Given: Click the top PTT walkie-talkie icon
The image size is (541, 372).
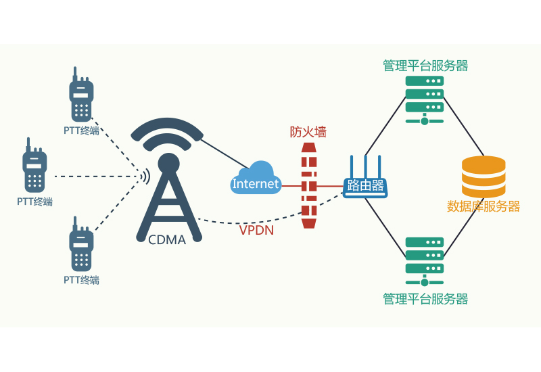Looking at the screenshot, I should (80, 97).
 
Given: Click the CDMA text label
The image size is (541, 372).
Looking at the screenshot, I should (167, 239).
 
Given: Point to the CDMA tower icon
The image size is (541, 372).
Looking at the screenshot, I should (168, 183).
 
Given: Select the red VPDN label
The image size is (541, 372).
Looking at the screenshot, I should (256, 230).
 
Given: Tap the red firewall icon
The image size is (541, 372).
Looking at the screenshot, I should (308, 186).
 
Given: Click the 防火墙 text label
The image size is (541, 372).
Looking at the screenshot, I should (308, 132).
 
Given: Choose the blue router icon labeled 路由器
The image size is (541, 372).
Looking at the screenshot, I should (365, 181).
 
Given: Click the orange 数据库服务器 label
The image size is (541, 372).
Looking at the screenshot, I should (484, 206).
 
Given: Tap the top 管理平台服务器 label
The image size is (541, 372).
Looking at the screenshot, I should (425, 66).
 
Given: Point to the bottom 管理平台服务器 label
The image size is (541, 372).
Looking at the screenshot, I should (425, 298).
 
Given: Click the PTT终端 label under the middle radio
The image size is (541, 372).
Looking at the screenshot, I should (34, 202).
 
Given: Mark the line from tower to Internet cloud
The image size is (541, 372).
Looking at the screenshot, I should (223, 153).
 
